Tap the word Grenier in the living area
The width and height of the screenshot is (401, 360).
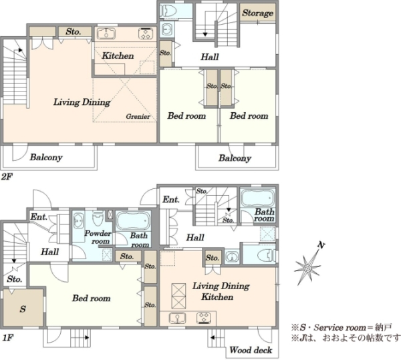pyautogui.click(x=138, y=116)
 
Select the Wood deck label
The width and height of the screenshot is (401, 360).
pyautogui.click(x=251, y=350)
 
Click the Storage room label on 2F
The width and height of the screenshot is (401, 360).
pyautogui.click(x=258, y=13)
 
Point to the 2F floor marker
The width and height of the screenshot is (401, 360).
pyautogui.click(x=7, y=176)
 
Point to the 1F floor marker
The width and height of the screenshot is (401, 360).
pyautogui.click(x=7, y=338)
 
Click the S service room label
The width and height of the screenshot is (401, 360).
pyautogui.click(x=23, y=309)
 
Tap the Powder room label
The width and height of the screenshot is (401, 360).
pyautogui.click(x=98, y=237)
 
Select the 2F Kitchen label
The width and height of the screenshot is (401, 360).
pyautogui.click(x=118, y=55)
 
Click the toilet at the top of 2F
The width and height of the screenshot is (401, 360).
pyautogui.click(x=169, y=11)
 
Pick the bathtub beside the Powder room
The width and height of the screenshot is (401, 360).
pyautogui.click(x=133, y=221)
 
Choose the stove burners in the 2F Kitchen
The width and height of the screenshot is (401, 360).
pyautogui.click(x=146, y=33)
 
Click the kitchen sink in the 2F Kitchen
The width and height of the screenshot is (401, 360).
pyautogui.click(x=106, y=33)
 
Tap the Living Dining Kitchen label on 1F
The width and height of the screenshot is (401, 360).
pyautogui.click(x=221, y=291)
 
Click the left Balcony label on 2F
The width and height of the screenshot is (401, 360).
pyautogui.click(x=46, y=157)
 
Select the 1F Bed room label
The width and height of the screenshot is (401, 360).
pyautogui.click(x=92, y=298)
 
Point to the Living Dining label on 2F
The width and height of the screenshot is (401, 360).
pyautogui.click(x=82, y=102)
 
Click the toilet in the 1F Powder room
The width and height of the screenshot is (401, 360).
pyautogui.click(x=98, y=218)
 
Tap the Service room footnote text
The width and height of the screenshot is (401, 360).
pyautogui.click(x=342, y=327)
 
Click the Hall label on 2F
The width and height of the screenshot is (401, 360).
pyautogui.click(x=210, y=57)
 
